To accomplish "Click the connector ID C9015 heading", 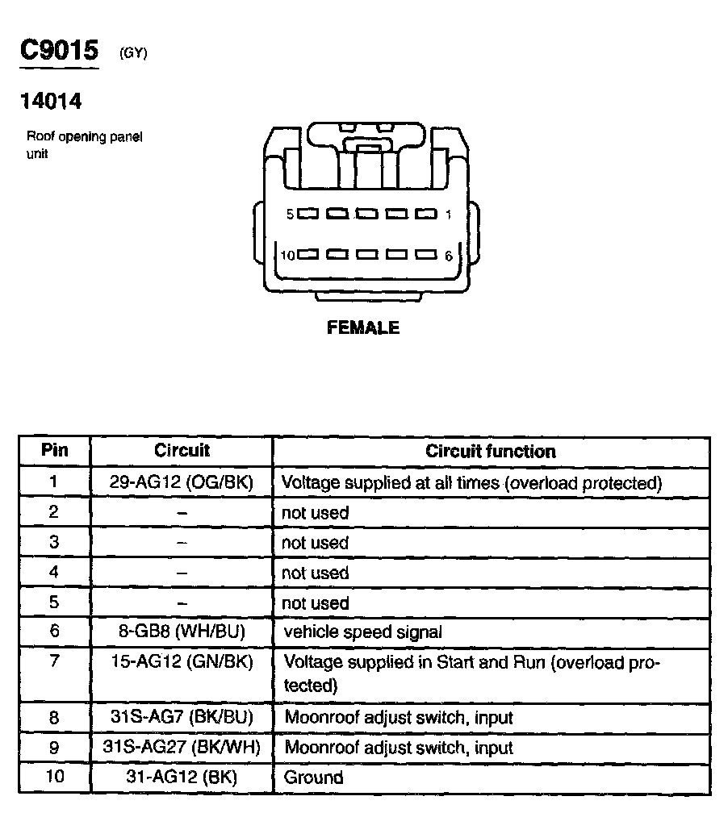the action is (x=59, y=51).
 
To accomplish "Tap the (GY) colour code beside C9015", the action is (x=133, y=54).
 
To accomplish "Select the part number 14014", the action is (x=51, y=102).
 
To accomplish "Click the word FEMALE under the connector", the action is (x=362, y=328).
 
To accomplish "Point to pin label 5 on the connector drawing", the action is (x=291, y=215).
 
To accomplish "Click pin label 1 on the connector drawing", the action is (x=448, y=215).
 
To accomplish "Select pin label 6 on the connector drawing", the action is (x=449, y=256).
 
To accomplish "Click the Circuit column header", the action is (x=182, y=451).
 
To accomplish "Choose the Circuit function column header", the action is (x=490, y=452).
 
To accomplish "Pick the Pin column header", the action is (x=54, y=451).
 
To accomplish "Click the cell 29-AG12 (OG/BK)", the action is (x=182, y=482).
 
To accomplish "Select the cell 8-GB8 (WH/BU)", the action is (x=182, y=632).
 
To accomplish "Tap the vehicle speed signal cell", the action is (x=363, y=632).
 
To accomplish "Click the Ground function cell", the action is (x=313, y=778).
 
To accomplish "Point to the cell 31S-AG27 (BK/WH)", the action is (x=182, y=747).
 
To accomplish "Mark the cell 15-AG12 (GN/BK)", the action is (x=182, y=661).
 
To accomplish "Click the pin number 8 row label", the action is (x=54, y=717).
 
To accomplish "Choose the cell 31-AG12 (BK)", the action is (x=182, y=778).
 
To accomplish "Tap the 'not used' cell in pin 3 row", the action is (x=315, y=543).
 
